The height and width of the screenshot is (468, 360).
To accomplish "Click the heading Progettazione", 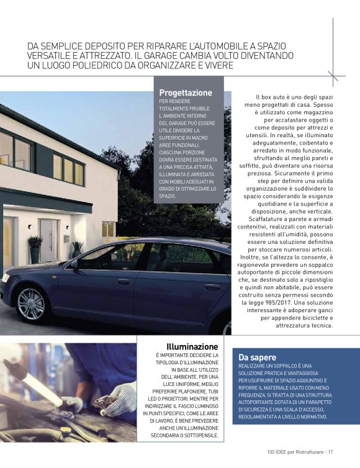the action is (x=186, y=92).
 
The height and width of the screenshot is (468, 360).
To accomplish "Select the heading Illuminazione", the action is (x=192, y=346).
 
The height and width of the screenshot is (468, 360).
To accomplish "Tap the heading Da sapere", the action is (x=257, y=357).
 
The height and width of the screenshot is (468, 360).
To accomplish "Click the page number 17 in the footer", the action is (x=331, y=451).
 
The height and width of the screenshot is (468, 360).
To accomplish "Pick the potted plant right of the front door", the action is (x=76, y=248).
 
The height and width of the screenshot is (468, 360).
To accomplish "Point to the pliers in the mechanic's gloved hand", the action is (x=106, y=400).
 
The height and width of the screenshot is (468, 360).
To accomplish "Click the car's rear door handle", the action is (x=212, y=287).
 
